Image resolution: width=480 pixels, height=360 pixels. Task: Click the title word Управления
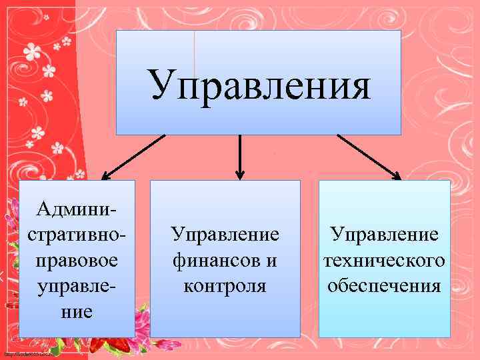click(x=259, y=84)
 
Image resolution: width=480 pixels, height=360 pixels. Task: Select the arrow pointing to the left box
click(x=133, y=157)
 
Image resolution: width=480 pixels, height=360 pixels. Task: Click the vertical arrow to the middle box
click(x=240, y=157)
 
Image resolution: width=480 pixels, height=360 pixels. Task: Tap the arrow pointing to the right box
click(x=368, y=157)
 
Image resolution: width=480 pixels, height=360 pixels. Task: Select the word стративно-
click(x=77, y=236)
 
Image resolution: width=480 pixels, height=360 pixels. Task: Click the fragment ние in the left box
click(x=76, y=311)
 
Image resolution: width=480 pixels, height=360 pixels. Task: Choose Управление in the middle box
click(x=225, y=235)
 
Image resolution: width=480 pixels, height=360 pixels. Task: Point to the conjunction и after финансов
click(x=271, y=261)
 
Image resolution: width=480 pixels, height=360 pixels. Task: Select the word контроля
click(x=225, y=286)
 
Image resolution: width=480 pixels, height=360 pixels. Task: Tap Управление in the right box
click(x=385, y=235)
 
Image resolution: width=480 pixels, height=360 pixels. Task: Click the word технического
click(x=385, y=261)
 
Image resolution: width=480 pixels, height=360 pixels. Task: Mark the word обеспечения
click(x=385, y=286)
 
